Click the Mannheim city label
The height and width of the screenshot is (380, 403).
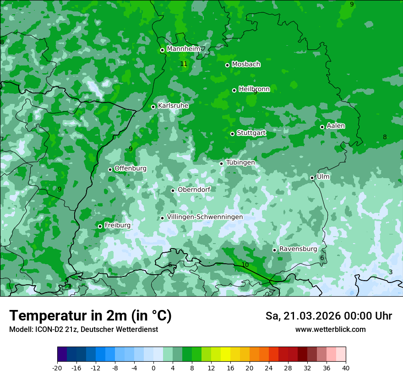click(183, 49)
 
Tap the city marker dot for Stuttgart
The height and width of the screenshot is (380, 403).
click(233, 134)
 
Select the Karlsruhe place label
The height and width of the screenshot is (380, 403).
click(173, 106)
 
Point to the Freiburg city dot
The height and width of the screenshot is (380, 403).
click(100, 226)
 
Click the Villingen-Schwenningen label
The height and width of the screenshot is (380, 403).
click(205, 217)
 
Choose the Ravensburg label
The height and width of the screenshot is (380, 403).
click(298, 249)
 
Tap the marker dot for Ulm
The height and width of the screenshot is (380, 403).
click(312, 178)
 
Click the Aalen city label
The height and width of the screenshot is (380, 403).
click(336, 126)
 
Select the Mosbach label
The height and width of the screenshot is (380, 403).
click(246, 65)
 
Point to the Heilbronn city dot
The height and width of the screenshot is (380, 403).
click(234, 90)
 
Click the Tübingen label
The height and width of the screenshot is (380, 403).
click(240, 163)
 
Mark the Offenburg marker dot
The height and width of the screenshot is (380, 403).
click(110, 169)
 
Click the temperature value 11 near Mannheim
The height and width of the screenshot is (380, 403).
click(184, 64)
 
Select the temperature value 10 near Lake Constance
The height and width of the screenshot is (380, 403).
click(245, 265)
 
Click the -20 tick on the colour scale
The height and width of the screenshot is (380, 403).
click(57, 368)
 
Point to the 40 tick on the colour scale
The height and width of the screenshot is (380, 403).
click(346, 368)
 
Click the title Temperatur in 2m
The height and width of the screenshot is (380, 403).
click(90, 316)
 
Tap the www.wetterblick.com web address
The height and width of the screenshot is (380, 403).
click(330, 330)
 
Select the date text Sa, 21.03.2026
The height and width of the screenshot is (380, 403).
click(304, 316)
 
